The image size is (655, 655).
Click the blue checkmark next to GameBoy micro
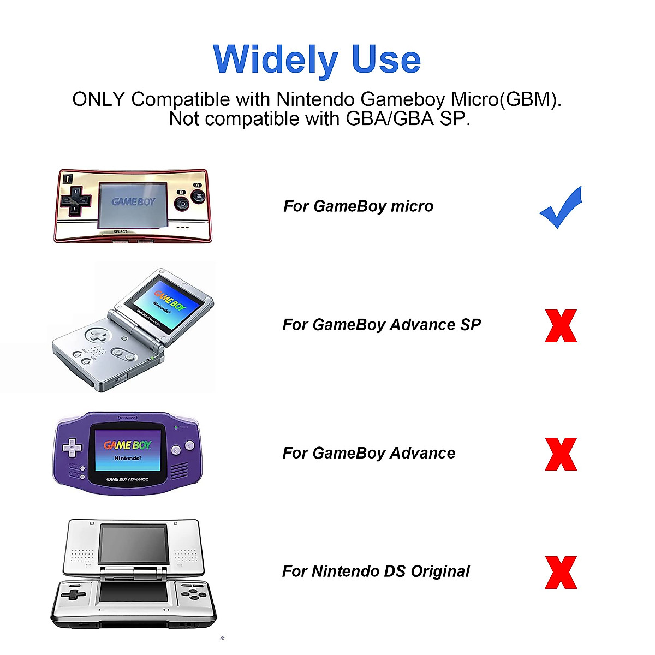click(561, 209)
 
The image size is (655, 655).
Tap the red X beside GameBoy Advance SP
click(561, 326)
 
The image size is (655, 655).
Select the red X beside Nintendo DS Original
click(561, 573)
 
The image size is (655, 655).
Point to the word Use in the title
click(386, 59)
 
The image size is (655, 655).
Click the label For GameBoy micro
click(358, 206)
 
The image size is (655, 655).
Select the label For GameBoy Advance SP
click(382, 325)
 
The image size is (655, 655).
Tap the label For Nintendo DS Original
click(376, 571)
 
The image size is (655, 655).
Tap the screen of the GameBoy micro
click(134, 205)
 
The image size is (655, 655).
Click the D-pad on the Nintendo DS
click(73, 594)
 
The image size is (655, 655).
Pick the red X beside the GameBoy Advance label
click(561, 454)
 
